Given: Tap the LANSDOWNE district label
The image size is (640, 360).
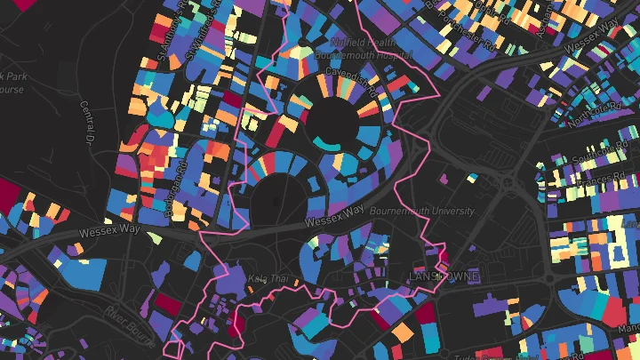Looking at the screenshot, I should click(444, 276).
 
